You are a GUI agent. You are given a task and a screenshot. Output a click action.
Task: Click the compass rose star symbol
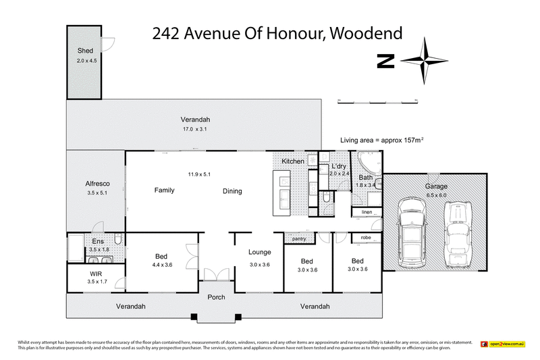(423, 61)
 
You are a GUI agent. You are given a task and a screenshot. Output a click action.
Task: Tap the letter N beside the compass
(385, 61)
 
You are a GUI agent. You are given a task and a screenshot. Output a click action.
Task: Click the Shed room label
(84, 51)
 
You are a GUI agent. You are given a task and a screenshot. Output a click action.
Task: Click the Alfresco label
(97, 184)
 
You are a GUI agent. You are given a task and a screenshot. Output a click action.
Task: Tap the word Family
(164, 190)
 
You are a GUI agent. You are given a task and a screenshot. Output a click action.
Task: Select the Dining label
(232, 191)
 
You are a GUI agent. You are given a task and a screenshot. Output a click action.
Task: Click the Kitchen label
(293, 161)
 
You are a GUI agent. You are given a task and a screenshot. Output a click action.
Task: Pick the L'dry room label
(339, 166)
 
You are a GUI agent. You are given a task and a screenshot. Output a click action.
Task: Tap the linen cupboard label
(367, 213)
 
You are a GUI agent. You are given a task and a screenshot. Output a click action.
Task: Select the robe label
(366, 238)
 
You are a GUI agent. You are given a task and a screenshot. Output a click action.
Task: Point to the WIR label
(97, 274)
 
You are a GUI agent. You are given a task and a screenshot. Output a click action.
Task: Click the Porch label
(216, 298)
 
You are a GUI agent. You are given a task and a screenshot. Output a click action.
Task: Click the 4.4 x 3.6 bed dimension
(161, 265)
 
